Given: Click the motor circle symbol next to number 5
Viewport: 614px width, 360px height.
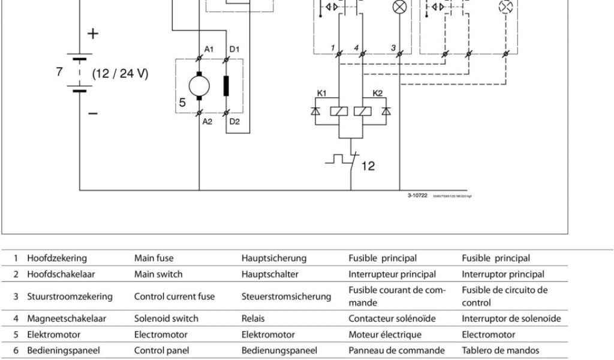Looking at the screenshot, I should (x=199, y=85).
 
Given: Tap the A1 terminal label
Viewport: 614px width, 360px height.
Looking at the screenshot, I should (x=208, y=49).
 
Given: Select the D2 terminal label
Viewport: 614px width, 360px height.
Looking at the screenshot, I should (x=234, y=121).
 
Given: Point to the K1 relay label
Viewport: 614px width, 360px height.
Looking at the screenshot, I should (x=322, y=93).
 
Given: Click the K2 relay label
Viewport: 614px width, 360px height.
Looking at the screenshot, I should (x=378, y=93).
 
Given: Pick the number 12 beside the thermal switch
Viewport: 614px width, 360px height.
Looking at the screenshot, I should (x=368, y=166).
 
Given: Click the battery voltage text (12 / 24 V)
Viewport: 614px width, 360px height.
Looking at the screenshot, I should (x=120, y=74).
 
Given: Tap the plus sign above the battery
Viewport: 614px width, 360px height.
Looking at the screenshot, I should (x=92, y=34).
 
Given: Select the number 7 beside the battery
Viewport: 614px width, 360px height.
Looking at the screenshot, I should (x=59, y=72).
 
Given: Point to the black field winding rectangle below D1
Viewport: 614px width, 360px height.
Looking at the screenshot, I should (x=227, y=85).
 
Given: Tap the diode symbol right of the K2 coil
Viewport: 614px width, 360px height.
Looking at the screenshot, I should (x=386, y=111).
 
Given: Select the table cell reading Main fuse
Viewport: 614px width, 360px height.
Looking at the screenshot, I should (x=153, y=259).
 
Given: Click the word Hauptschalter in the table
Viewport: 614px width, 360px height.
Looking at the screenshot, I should (x=270, y=274).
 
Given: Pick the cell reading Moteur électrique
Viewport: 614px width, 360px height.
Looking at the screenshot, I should (x=385, y=334).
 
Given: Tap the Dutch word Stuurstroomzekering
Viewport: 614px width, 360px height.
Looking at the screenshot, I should (x=70, y=296).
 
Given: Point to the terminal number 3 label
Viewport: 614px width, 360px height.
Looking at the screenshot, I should (x=393, y=48).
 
